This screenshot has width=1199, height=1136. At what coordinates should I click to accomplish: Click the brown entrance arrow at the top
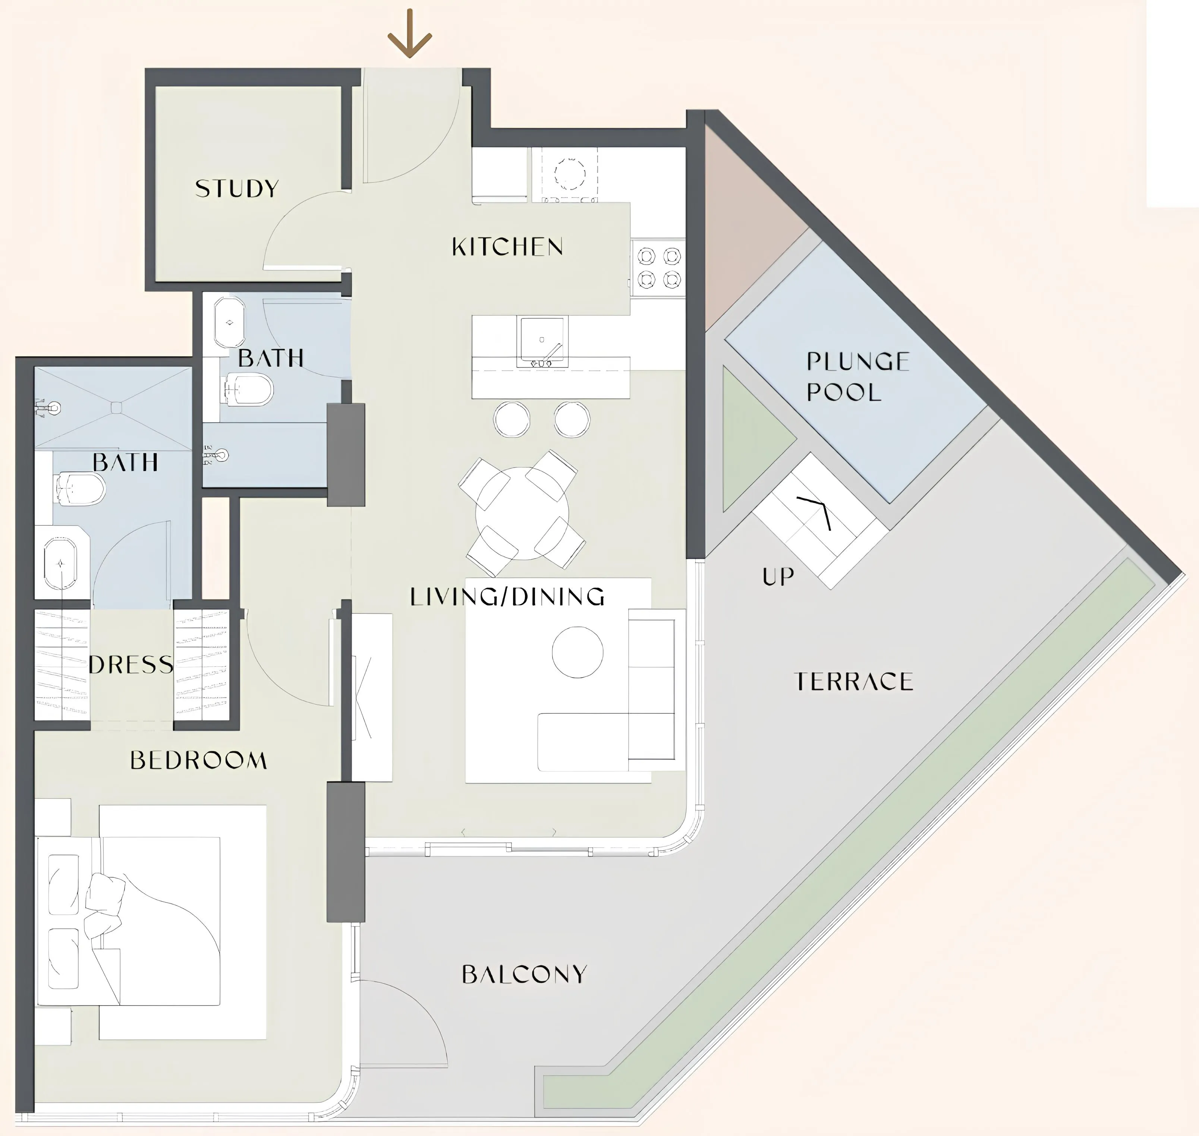coord(410,35)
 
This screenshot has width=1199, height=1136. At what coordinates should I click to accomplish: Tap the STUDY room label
coord(236,188)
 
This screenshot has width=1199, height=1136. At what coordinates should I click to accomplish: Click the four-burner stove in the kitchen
coord(658,268)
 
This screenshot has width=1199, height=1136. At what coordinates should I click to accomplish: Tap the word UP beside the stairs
coord(778,577)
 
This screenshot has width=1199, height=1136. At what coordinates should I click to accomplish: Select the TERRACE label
coord(853,682)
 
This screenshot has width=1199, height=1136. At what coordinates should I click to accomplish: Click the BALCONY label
coord(524,974)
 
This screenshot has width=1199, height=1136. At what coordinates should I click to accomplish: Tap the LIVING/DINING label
coord(507,597)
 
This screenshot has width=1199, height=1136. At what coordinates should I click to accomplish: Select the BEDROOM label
coord(199,760)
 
